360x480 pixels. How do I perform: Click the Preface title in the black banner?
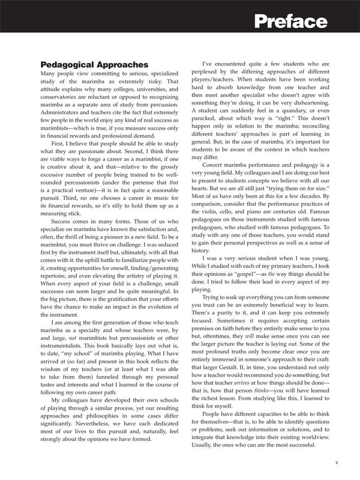pyautogui.click(x=291, y=21)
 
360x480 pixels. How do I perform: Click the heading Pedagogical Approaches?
pyautogui.click(x=94, y=65)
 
